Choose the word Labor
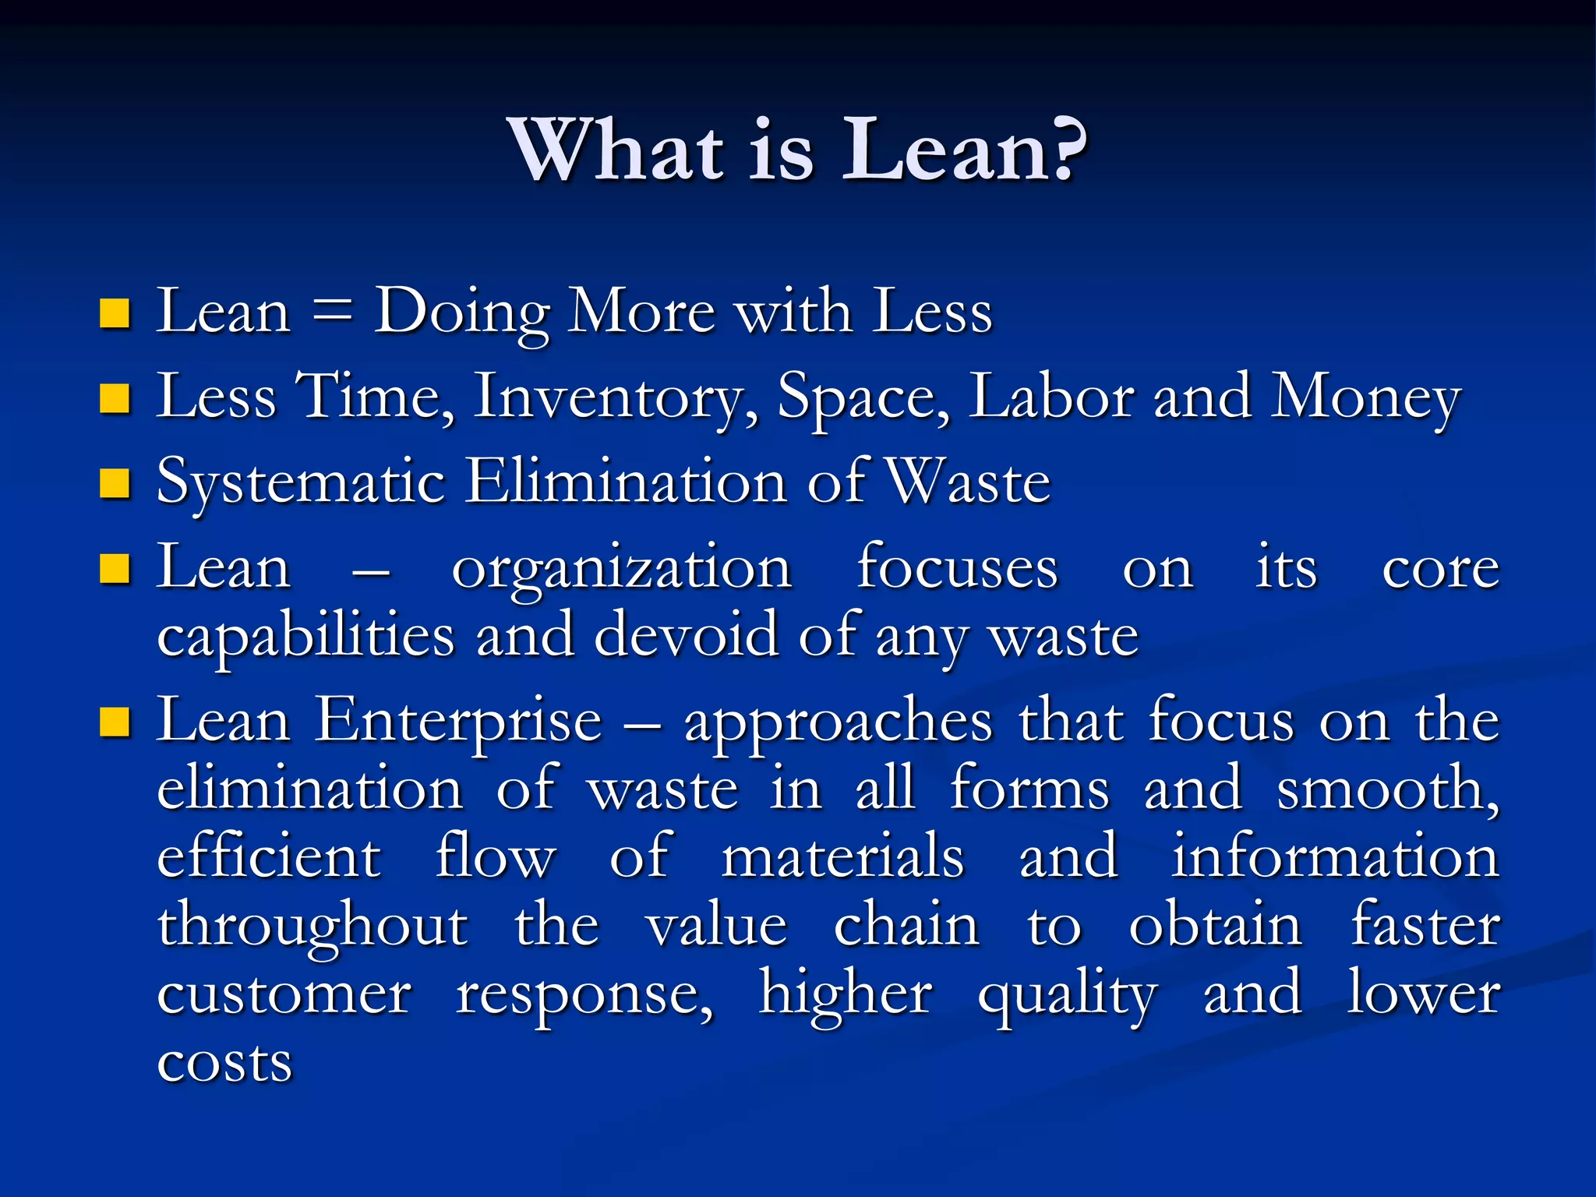point(1051,397)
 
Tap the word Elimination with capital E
point(627,482)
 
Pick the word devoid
point(686,635)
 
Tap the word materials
point(843,856)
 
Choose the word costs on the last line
point(224,1062)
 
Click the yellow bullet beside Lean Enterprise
point(115,722)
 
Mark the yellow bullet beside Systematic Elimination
point(115,483)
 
